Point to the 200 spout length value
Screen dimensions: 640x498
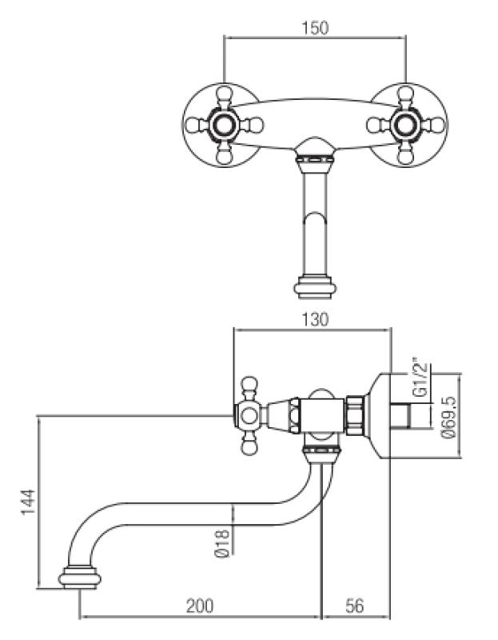[199, 606]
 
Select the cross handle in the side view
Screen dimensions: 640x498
[249, 414]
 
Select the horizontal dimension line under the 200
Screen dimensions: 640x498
[200, 617]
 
